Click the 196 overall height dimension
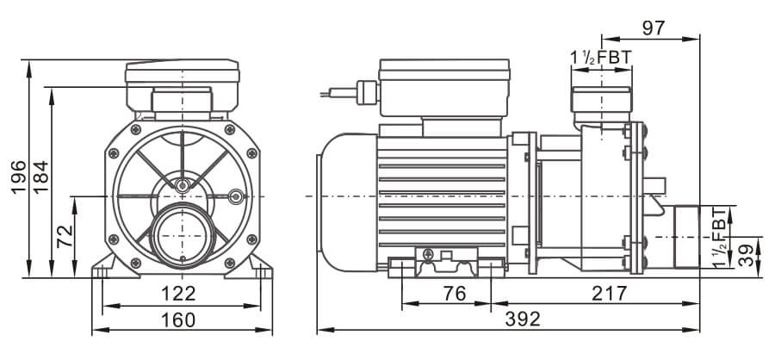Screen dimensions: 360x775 19,179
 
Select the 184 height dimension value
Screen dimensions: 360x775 40,179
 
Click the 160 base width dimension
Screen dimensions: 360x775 178,320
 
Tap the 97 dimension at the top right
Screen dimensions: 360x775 654,27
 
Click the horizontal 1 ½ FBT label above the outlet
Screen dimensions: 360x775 601,58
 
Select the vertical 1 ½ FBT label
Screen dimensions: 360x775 720,236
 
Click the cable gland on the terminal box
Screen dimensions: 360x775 365,90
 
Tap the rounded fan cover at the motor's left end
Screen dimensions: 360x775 332,196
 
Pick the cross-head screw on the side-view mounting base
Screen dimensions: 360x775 427,253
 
